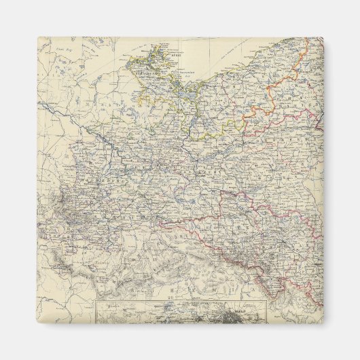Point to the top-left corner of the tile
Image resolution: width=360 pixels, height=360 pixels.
pos(38,37)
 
